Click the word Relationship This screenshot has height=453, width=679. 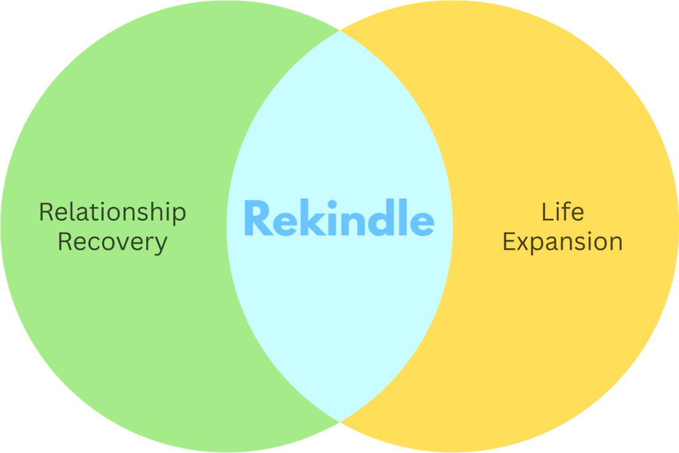113,213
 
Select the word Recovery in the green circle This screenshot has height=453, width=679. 113,242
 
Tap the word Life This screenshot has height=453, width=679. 562,212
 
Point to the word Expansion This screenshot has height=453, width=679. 562,242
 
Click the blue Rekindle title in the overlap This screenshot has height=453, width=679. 339,218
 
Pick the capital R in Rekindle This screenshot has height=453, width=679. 259,218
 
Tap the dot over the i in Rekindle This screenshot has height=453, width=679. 332,204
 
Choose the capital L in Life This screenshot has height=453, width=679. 548,212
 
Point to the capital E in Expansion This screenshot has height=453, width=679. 509,242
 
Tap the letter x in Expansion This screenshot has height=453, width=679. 525,245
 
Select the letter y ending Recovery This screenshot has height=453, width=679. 160,247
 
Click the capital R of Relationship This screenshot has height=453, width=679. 47,212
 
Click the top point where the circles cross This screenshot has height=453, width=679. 340,31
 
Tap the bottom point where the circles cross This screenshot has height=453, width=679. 340,421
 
